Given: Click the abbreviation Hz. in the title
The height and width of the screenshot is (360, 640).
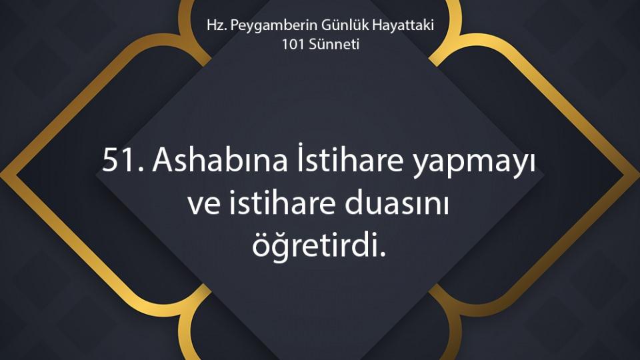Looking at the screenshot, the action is (x=216, y=25).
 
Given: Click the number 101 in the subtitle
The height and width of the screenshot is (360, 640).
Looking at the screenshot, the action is (x=293, y=44).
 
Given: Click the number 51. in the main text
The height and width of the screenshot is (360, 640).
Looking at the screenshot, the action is (x=123, y=160).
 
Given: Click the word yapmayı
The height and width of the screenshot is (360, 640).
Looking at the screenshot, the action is (x=473, y=163).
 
